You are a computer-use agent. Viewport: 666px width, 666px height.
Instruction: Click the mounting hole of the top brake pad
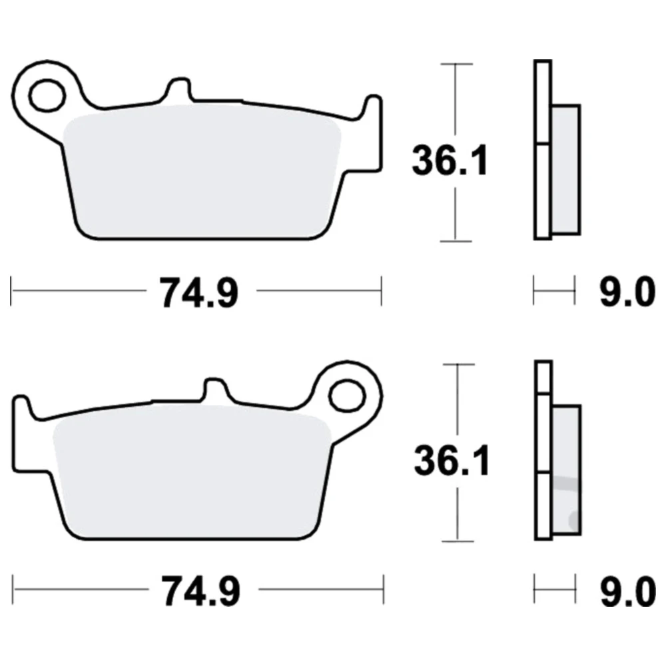[x=47, y=95]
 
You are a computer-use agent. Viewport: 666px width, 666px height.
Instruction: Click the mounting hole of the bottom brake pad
[x=348, y=396]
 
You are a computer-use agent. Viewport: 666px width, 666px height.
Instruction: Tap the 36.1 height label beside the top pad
[x=450, y=161]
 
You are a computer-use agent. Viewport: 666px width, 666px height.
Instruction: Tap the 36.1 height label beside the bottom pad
[x=452, y=460]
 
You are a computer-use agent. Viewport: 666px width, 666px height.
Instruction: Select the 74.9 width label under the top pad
[x=198, y=292]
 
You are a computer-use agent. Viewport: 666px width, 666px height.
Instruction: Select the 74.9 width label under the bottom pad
[x=200, y=591]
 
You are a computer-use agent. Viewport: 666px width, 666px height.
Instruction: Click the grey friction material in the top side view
[x=565, y=169]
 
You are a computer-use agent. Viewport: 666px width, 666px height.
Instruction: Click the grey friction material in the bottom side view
[x=566, y=470]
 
